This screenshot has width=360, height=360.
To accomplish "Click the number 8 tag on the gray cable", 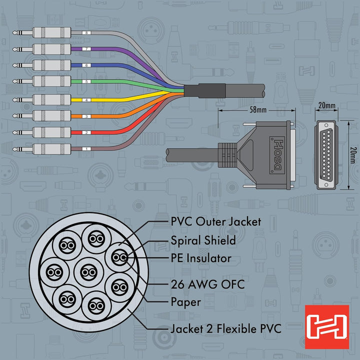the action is click(x=86, y=33).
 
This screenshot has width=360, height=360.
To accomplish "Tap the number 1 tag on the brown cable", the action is click(x=86, y=149).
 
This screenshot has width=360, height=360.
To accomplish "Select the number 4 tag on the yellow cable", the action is click(x=86, y=100).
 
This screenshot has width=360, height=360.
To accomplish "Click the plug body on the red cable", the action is click(x=51, y=132).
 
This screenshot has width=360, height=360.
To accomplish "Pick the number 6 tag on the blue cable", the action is click(x=86, y=65).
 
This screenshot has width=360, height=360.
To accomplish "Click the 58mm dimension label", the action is click(x=258, y=109).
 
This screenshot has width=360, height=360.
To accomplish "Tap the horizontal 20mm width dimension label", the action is click(x=326, y=105).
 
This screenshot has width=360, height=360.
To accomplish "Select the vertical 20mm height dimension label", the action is click(x=353, y=155).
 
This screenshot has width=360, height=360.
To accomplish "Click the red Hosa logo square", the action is click(x=327, y=326).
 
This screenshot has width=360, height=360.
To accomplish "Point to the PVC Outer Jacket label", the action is click(x=216, y=222).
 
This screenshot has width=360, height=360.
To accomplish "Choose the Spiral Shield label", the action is click(x=203, y=240).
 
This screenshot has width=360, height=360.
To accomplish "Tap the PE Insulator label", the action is click(x=201, y=258).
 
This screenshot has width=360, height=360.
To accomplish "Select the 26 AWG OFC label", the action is click(x=207, y=284).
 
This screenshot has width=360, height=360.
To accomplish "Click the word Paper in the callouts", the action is click(x=185, y=302).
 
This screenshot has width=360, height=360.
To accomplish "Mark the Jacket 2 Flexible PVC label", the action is click(x=226, y=328).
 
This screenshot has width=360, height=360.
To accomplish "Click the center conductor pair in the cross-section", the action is click(x=89, y=272).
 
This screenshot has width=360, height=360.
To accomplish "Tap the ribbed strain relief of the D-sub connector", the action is click(x=227, y=155).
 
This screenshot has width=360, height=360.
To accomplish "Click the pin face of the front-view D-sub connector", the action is click(x=326, y=155).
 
